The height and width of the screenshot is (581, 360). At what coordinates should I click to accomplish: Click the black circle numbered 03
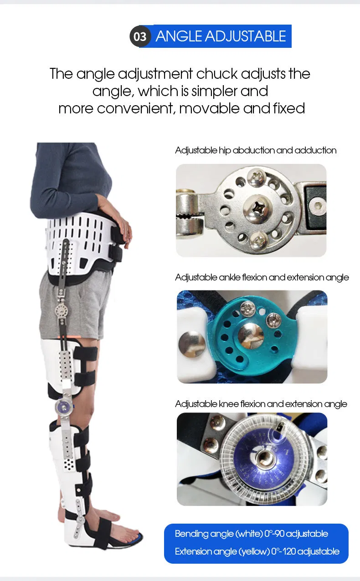(140, 36)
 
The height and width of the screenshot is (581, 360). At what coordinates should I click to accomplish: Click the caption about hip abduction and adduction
(256, 150)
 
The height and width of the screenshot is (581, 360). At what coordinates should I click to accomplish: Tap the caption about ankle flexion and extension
(262, 277)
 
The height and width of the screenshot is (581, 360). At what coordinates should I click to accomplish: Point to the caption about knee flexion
(261, 404)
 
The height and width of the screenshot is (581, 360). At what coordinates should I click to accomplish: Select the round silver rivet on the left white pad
(188, 341)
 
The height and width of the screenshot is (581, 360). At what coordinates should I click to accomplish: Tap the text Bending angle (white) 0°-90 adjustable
(252, 534)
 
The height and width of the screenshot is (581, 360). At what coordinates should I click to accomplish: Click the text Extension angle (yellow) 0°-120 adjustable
(257, 551)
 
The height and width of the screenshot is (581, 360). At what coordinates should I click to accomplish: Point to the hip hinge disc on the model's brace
(61, 311)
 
